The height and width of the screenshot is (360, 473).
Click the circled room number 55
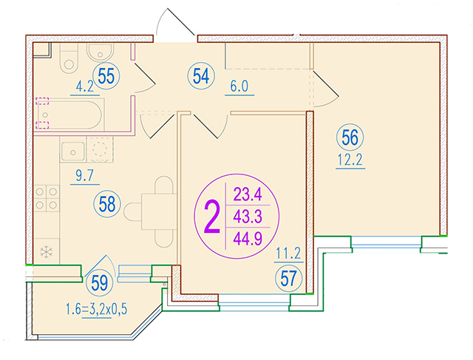(x=106, y=76)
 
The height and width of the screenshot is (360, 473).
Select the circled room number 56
(x=350, y=137)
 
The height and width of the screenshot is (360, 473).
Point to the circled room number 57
(x=288, y=279)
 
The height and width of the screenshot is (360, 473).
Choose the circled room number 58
(x=107, y=204)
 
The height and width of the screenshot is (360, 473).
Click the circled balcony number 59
(x=100, y=283)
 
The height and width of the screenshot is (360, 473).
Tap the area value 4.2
(x=85, y=87)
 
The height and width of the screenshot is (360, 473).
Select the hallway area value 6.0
(x=239, y=86)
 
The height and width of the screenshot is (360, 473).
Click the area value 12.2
(x=350, y=160)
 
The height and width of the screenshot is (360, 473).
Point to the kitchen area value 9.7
(x=85, y=176)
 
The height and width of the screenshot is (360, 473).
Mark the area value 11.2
(x=289, y=254)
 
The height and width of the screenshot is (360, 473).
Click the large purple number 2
(x=212, y=217)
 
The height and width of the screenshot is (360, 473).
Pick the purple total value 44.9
(x=248, y=240)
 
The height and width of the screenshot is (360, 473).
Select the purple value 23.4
(x=248, y=194)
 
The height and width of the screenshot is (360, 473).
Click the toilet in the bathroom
(x=69, y=58)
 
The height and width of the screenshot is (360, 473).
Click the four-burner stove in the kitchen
(x=47, y=198)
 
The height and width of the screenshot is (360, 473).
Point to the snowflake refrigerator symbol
(x=46, y=251)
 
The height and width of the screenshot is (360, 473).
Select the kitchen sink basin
(x=72, y=152)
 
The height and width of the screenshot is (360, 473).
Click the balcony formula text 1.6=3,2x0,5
(x=97, y=309)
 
